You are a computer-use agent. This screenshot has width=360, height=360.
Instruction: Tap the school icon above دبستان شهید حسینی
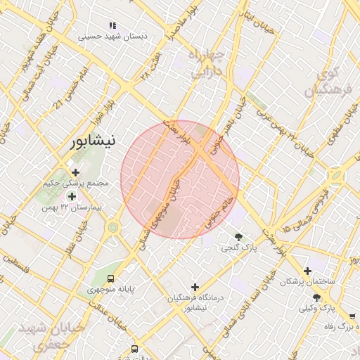click(x=113, y=25)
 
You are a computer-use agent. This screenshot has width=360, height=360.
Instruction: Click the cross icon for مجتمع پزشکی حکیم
click(x=75, y=172)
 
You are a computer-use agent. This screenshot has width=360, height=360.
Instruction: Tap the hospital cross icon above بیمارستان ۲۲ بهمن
click(x=71, y=196)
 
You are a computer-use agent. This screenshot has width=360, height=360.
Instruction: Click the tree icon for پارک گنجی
click(x=239, y=237)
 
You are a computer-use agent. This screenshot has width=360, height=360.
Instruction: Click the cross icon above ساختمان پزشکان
click(x=307, y=271)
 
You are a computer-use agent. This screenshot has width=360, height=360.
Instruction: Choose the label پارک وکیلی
click(x=314, y=308)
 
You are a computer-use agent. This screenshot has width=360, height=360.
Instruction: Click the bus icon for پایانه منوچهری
click(x=110, y=278)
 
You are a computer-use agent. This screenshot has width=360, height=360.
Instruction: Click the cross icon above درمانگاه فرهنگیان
click(x=195, y=287)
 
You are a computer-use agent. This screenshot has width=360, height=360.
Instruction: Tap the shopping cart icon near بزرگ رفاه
click(x=352, y=317)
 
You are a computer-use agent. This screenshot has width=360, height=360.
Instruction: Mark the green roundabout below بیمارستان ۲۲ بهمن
click(x=113, y=227)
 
